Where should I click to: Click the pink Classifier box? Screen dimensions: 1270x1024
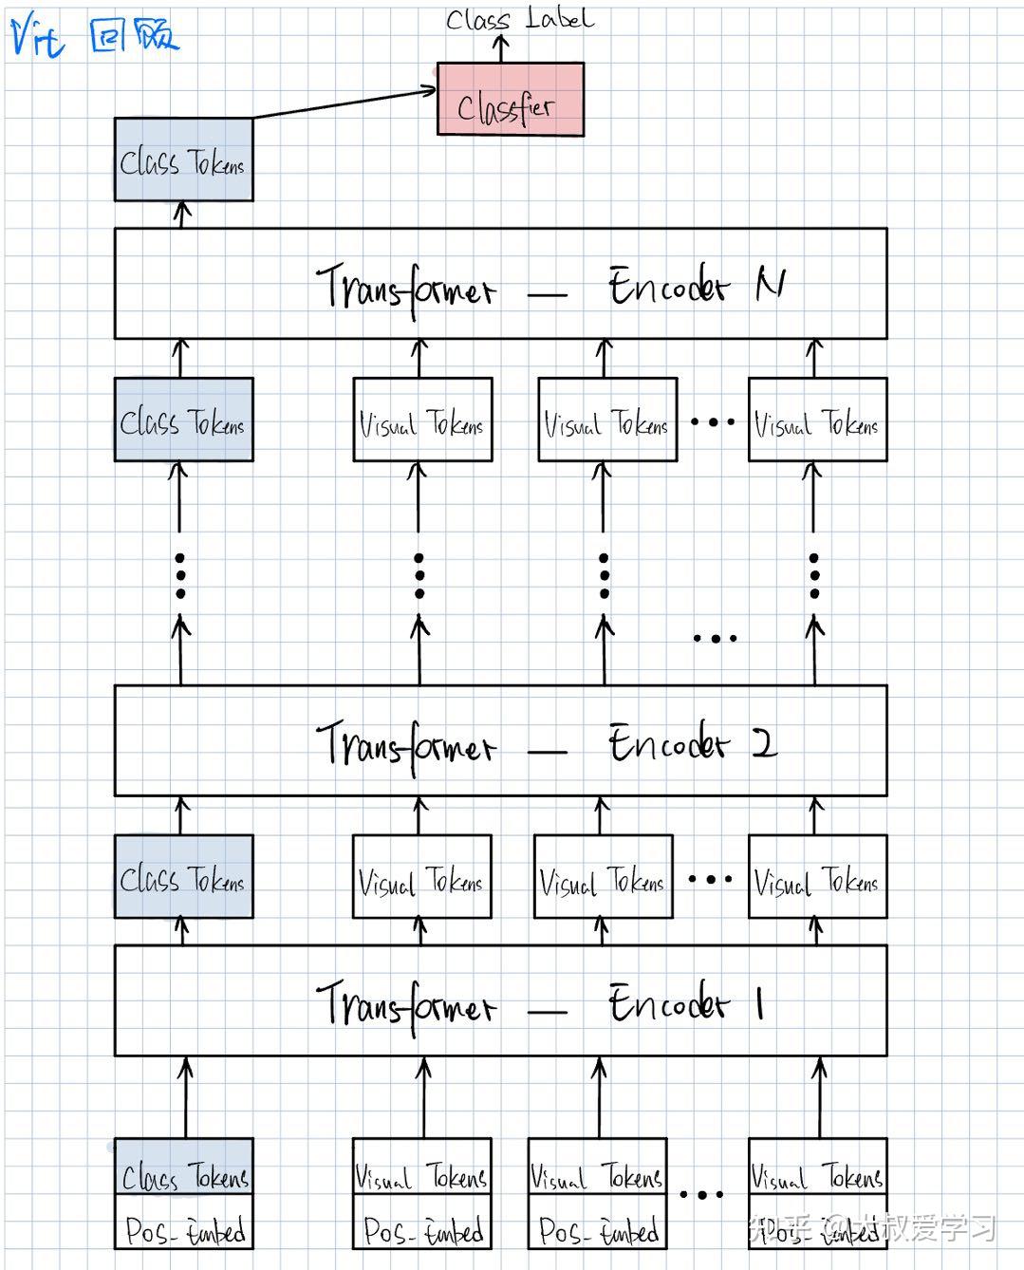point(510,100)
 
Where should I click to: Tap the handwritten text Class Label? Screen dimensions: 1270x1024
point(519,19)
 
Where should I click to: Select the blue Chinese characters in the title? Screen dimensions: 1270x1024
point(133,36)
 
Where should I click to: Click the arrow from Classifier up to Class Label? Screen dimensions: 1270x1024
point(502,48)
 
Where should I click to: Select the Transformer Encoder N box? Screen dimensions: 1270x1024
point(500,284)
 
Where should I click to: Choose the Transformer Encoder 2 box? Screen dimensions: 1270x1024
point(500,740)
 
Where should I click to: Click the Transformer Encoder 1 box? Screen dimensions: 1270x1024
point(500,1000)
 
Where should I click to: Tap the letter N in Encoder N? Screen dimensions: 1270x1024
point(770,283)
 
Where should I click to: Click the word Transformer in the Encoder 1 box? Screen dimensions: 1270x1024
point(405,1004)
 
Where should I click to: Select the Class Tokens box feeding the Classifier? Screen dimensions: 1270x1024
point(183,159)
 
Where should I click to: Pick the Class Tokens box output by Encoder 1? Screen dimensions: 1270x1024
point(183,877)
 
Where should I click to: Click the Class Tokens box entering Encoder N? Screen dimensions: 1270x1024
point(183,420)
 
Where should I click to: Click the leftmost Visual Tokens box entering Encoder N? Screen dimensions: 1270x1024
point(422,420)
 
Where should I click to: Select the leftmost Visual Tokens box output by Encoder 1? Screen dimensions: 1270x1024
point(421,877)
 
